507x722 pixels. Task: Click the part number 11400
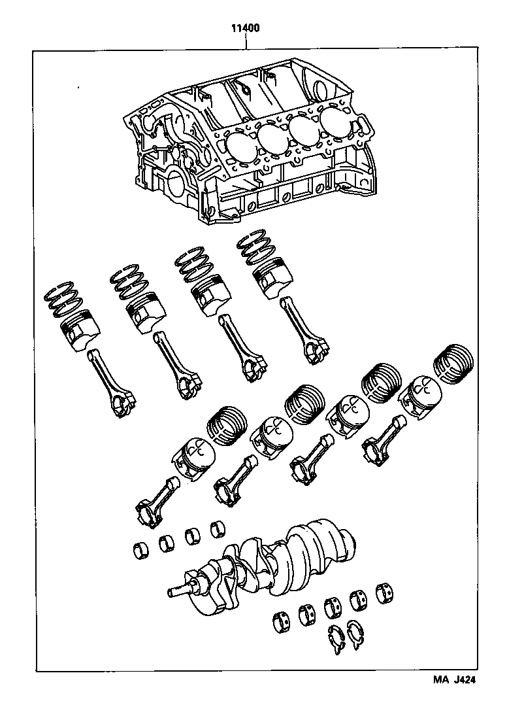(245, 29)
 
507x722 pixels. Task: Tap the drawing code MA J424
(453, 679)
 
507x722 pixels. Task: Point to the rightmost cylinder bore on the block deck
(336, 118)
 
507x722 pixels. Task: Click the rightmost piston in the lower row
(421, 394)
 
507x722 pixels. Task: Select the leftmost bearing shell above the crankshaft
(140, 549)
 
